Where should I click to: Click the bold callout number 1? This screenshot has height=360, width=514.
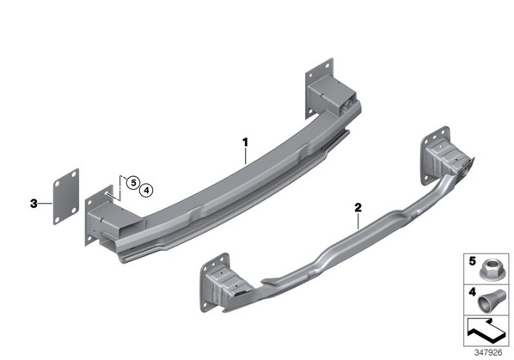[245, 143]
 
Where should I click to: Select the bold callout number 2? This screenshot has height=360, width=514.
[358, 207]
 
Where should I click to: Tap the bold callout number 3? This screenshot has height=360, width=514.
[34, 204]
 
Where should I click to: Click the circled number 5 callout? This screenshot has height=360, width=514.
[133, 182]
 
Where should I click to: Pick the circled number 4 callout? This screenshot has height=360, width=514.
[146, 190]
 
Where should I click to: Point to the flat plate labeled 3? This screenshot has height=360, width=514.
[66, 197]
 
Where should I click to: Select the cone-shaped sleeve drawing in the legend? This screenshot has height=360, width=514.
[489, 302]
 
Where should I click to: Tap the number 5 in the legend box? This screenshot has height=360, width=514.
[472, 261]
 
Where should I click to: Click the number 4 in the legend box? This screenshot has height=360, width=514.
[472, 292]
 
